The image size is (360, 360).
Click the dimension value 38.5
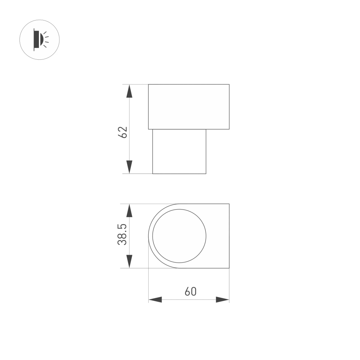click(x=123, y=234)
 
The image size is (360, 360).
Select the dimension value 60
click(x=190, y=291)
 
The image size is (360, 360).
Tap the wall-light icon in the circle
click(x=39, y=40)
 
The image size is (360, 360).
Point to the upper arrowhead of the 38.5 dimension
click(x=129, y=210)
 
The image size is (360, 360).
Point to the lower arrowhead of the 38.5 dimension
click(x=129, y=261)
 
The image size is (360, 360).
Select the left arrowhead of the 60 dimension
click(x=155, y=300)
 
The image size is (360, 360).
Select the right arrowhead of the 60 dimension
click(x=222, y=300)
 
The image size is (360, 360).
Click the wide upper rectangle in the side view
click(x=189, y=107)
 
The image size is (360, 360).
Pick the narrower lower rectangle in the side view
click(x=179, y=151)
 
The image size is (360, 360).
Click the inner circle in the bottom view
click(x=179, y=236)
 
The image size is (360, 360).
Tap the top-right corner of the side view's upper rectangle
click(x=229, y=85)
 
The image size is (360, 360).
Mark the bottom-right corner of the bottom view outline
click(x=229, y=268)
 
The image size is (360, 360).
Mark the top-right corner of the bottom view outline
click(x=229, y=204)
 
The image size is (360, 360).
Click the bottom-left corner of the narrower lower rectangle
click(x=153, y=174)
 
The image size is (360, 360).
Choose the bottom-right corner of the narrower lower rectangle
click(x=206, y=174)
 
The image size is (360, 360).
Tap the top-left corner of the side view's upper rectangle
click(x=149, y=85)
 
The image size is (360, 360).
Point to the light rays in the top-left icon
click(x=46, y=39)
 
